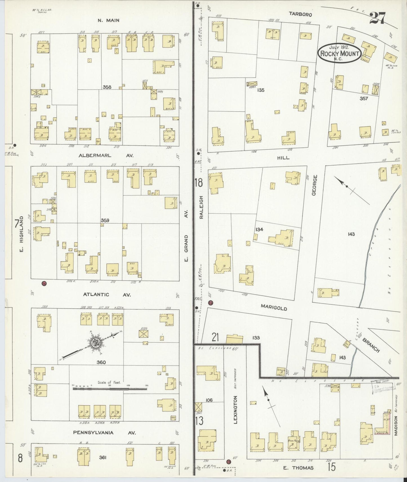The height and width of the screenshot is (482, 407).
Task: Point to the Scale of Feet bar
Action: pyautogui.click(x=110, y=389)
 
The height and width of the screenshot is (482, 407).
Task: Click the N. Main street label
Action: pyautogui.click(x=108, y=20)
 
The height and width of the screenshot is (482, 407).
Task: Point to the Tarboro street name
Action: pyautogui.click(x=300, y=14)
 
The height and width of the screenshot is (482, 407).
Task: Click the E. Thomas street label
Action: pyautogui.click(x=298, y=468)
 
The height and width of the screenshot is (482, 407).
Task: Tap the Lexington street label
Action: pyautogui.click(x=235, y=409)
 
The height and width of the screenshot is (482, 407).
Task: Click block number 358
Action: pyautogui.click(x=107, y=87)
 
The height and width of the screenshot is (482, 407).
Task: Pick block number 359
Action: pyautogui.click(x=105, y=220)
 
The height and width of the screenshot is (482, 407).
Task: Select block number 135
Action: pyautogui.click(x=261, y=90)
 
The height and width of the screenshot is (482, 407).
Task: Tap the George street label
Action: pyautogui.click(x=314, y=185)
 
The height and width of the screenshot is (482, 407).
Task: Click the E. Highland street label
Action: pyautogui.click(x=22, y=236)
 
